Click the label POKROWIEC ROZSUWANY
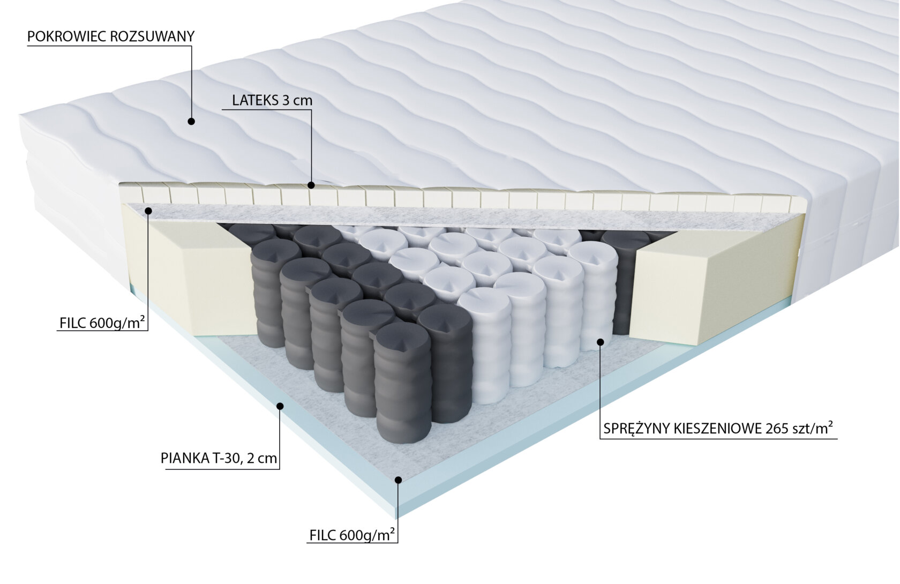pos(110,36)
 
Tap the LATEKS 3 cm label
pos(272,100)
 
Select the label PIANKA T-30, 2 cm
pos(219,458)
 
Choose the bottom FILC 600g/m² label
pos(352,535)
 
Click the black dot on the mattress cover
pos(191,122)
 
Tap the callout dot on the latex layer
pos(311,185)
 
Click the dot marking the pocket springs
pos(601,341)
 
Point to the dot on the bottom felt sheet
pos(397,480)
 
